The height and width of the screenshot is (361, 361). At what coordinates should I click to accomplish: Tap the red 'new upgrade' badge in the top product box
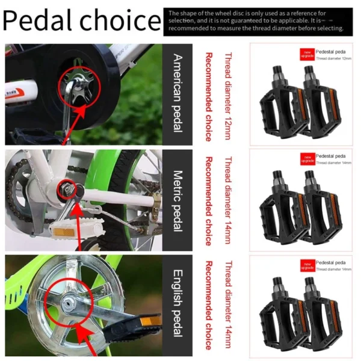point(307,55)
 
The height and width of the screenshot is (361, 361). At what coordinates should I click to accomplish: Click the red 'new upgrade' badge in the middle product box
point(307,159)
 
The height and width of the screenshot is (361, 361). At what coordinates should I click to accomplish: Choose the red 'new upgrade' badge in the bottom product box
point(307,265)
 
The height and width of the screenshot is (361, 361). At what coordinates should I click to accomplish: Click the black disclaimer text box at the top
point(260,21)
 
